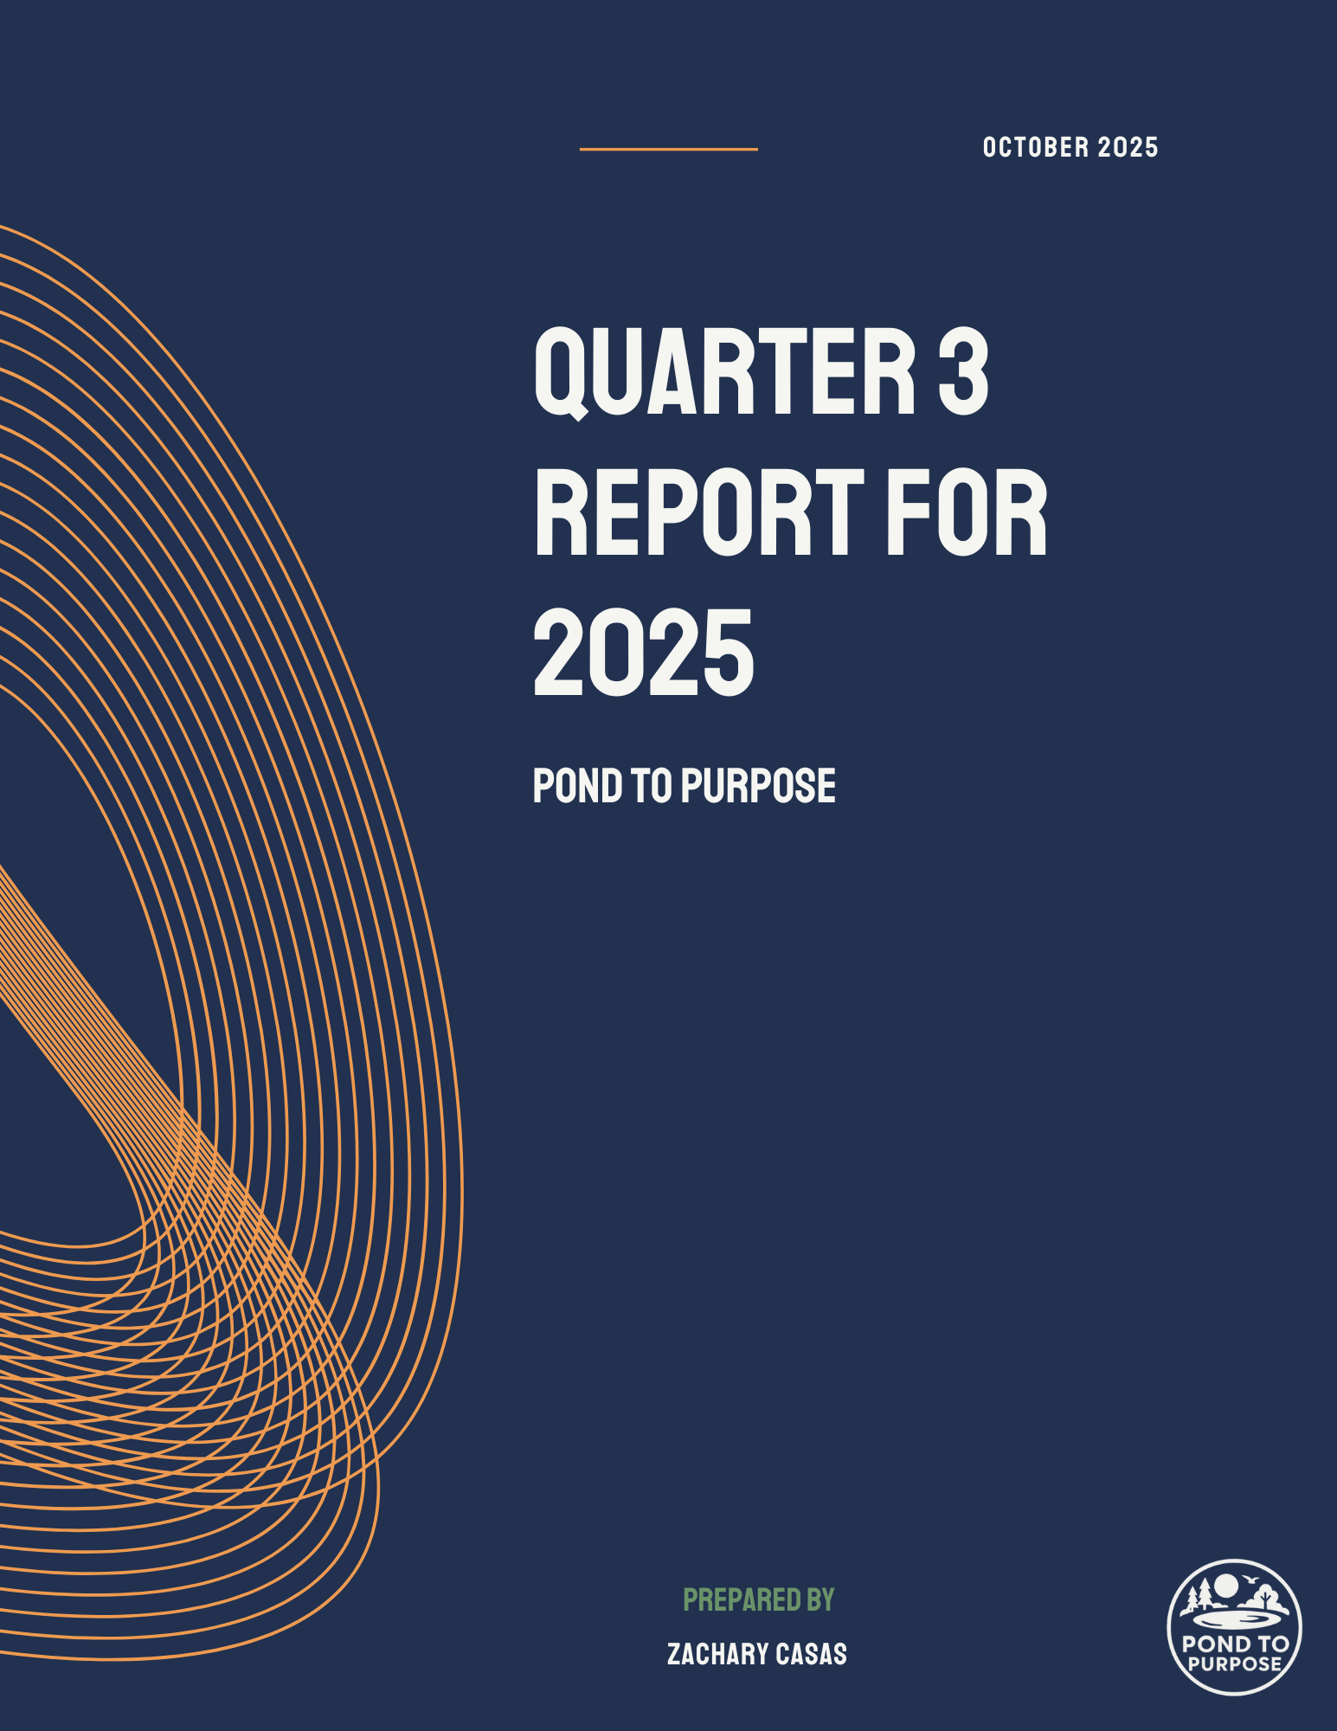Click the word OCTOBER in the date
pyautogui.click(x=1036, y=148)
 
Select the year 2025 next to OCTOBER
pyautogui.click(x=1128, y=148)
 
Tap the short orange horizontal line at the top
pyautogui.click(x=668, y=149)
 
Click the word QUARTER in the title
pyautogui.click(x=725, y=372)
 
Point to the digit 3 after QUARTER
pyautogui.click(x=963, y=371)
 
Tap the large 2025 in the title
pyautogui.click(x=644, y=652)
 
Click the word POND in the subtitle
pyautogui.click(x=577, y=786)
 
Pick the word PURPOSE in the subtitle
pyautogui.click(x=758, y=786)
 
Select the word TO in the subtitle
pyautogui.click(x=652, y=786)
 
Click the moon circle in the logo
pyautogui.click(x=1226, y=1586)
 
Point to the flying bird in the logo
pyautogui.click(x=1249, y=1580)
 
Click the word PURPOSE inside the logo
pyautogui.click(x=1235, y=1663)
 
